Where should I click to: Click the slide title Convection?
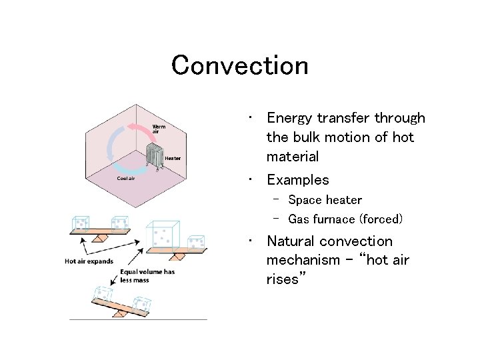click(239, 65)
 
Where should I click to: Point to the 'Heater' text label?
click(173, 158)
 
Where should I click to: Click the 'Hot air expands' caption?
click(89, 261)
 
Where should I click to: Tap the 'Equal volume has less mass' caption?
click(143, 277)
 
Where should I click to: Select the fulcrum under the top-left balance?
click(101, 237)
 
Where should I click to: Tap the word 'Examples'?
click(297, 180)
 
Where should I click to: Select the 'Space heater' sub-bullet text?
click(325, 200)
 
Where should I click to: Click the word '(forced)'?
click(381, 219)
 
